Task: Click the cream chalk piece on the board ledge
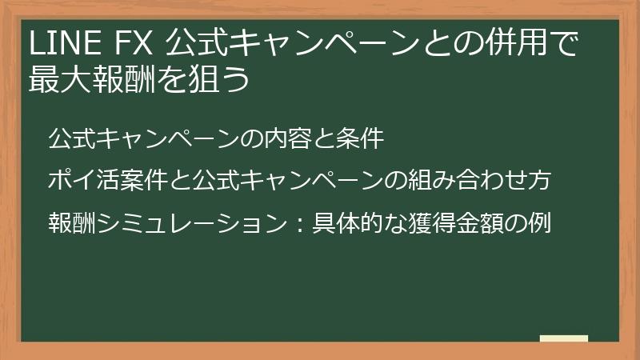(564, 338)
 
